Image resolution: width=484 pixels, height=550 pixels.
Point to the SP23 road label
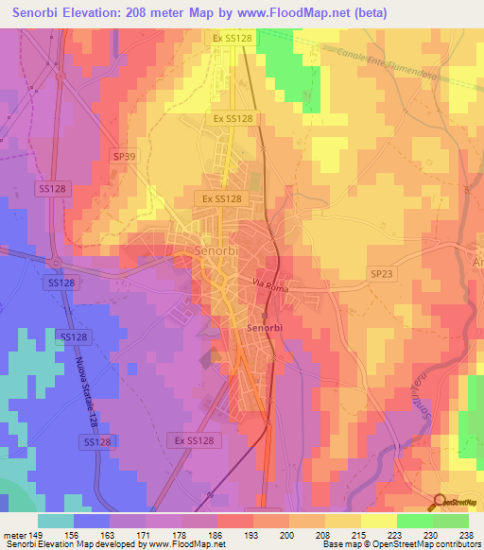(x=380, y=273)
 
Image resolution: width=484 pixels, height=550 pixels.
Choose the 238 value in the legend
(x=465, y=533)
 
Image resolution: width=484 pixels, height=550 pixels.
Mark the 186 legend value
(x=223, y=533)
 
